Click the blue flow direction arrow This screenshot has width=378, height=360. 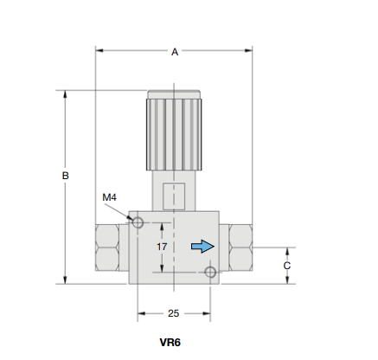[x=202, y=247]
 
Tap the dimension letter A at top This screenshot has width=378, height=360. [x=175, y=52]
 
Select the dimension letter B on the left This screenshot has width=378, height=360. [x=66, y=176]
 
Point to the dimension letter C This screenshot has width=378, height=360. [x=286, y=266]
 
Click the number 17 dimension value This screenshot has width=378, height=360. [x=162, y=247]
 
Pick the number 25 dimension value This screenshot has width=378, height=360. [x=173, y=313]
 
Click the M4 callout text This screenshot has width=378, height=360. [x=109, y=197]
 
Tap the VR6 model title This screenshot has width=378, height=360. [x=170, y=343]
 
